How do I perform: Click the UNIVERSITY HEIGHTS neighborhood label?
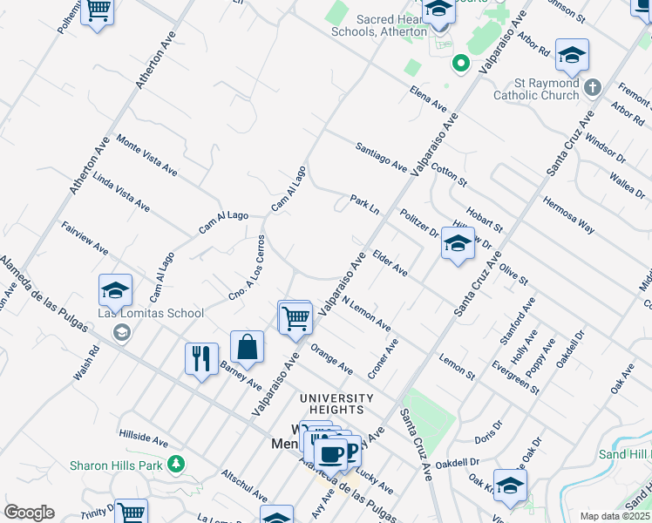pyautogui.click(x=336, y=404)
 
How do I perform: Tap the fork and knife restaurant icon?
pyautogui.click(x=201, y=358)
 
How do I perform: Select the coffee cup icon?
pyautogui.click(x=329, y=453)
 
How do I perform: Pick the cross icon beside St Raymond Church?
pyautogui.click(x=593, y=87)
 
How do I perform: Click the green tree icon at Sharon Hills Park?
pyautogui.click(x=176, y=463)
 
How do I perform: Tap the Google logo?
pyautogui.click(x=29, y=512)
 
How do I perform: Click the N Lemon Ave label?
pyautogui.click(x=366, y=313)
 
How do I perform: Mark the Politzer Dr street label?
pyautogui.click(x=419, y=223)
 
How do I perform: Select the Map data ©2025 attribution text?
pyautogui.click(x=614, y=516)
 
